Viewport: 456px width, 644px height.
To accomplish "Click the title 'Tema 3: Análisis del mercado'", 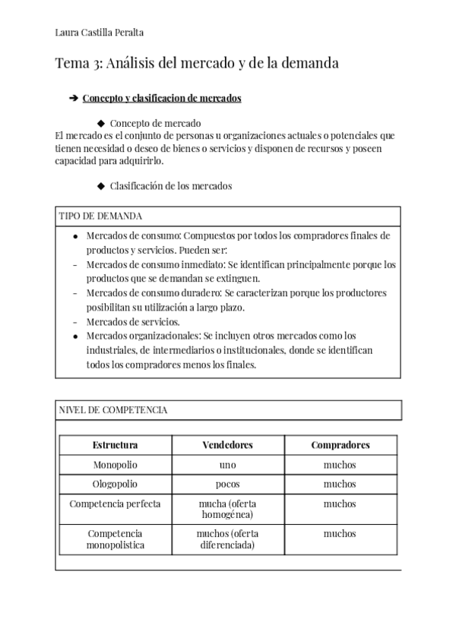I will [x=197, y=64].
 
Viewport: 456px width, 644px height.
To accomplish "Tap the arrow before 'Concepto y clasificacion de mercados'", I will [x=73, y=99].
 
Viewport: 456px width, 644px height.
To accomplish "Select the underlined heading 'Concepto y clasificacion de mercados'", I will [x=162, y=99].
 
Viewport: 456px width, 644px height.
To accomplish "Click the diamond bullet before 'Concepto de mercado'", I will [x=100, y=123].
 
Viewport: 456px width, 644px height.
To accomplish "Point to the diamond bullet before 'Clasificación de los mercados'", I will [x=100, y=186].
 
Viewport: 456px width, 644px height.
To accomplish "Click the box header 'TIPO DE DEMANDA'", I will [x=100, y=216].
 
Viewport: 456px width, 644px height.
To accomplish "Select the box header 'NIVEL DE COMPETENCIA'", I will [x=113, y=411].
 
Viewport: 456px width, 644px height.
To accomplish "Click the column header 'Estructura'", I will [x=115, y=445].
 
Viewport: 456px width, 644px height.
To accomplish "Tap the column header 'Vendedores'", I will [x=227, y=445].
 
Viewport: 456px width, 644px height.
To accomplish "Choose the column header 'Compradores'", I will [x=340, y=445].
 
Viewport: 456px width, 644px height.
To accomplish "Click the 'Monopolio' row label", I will [x=115, y=465].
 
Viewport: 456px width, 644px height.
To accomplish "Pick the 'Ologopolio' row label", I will [x=115, y=484].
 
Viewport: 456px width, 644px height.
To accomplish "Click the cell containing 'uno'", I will [x=227, y=465].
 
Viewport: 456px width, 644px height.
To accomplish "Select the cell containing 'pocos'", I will [x=227, y=484].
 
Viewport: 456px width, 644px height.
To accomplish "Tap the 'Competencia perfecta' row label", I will [x=115, y=504].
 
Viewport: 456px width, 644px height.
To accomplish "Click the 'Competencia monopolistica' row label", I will [x=115, y=539].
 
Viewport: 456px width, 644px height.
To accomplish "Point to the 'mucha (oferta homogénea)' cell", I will [x=227, y=509].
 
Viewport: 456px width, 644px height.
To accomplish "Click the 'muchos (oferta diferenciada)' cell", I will [x=227, y=539].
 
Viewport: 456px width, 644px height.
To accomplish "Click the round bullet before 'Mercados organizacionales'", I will [x=74, y=336].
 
